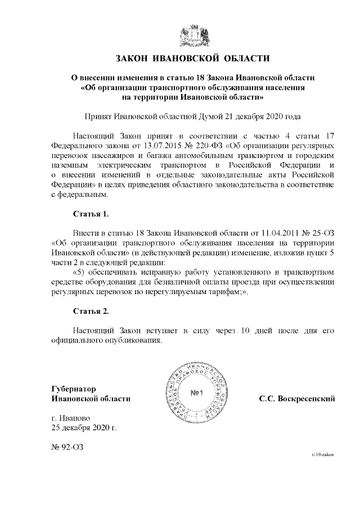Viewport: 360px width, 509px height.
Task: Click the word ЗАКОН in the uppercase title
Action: pos(134,58)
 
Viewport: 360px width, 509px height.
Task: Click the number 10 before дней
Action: pos(232,330)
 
